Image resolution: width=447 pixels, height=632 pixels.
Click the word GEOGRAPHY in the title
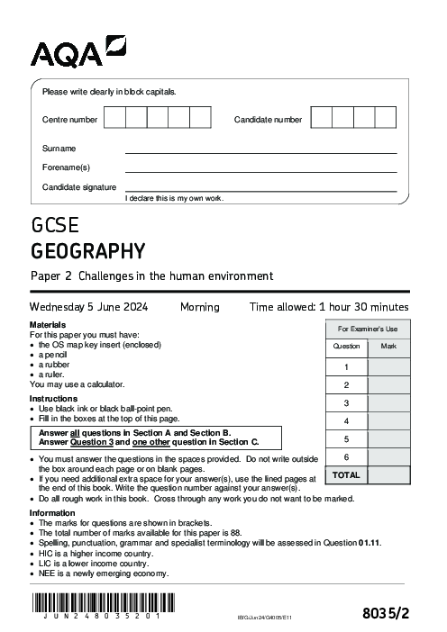87,249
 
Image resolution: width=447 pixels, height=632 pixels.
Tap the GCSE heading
55,224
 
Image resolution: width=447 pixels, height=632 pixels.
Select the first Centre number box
114,119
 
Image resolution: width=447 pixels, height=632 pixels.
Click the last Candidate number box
385,119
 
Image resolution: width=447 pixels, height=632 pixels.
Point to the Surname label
59,149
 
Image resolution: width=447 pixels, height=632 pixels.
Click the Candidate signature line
260,190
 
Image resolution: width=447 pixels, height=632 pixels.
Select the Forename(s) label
66,167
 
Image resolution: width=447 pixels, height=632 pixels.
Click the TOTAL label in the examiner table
346,475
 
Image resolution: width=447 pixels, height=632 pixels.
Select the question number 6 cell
346,457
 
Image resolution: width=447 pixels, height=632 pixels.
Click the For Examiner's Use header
368,330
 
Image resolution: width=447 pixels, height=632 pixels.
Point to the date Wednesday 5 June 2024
89,307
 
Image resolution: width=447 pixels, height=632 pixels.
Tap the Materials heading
48,324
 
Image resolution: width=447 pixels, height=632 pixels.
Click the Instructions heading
52,399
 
